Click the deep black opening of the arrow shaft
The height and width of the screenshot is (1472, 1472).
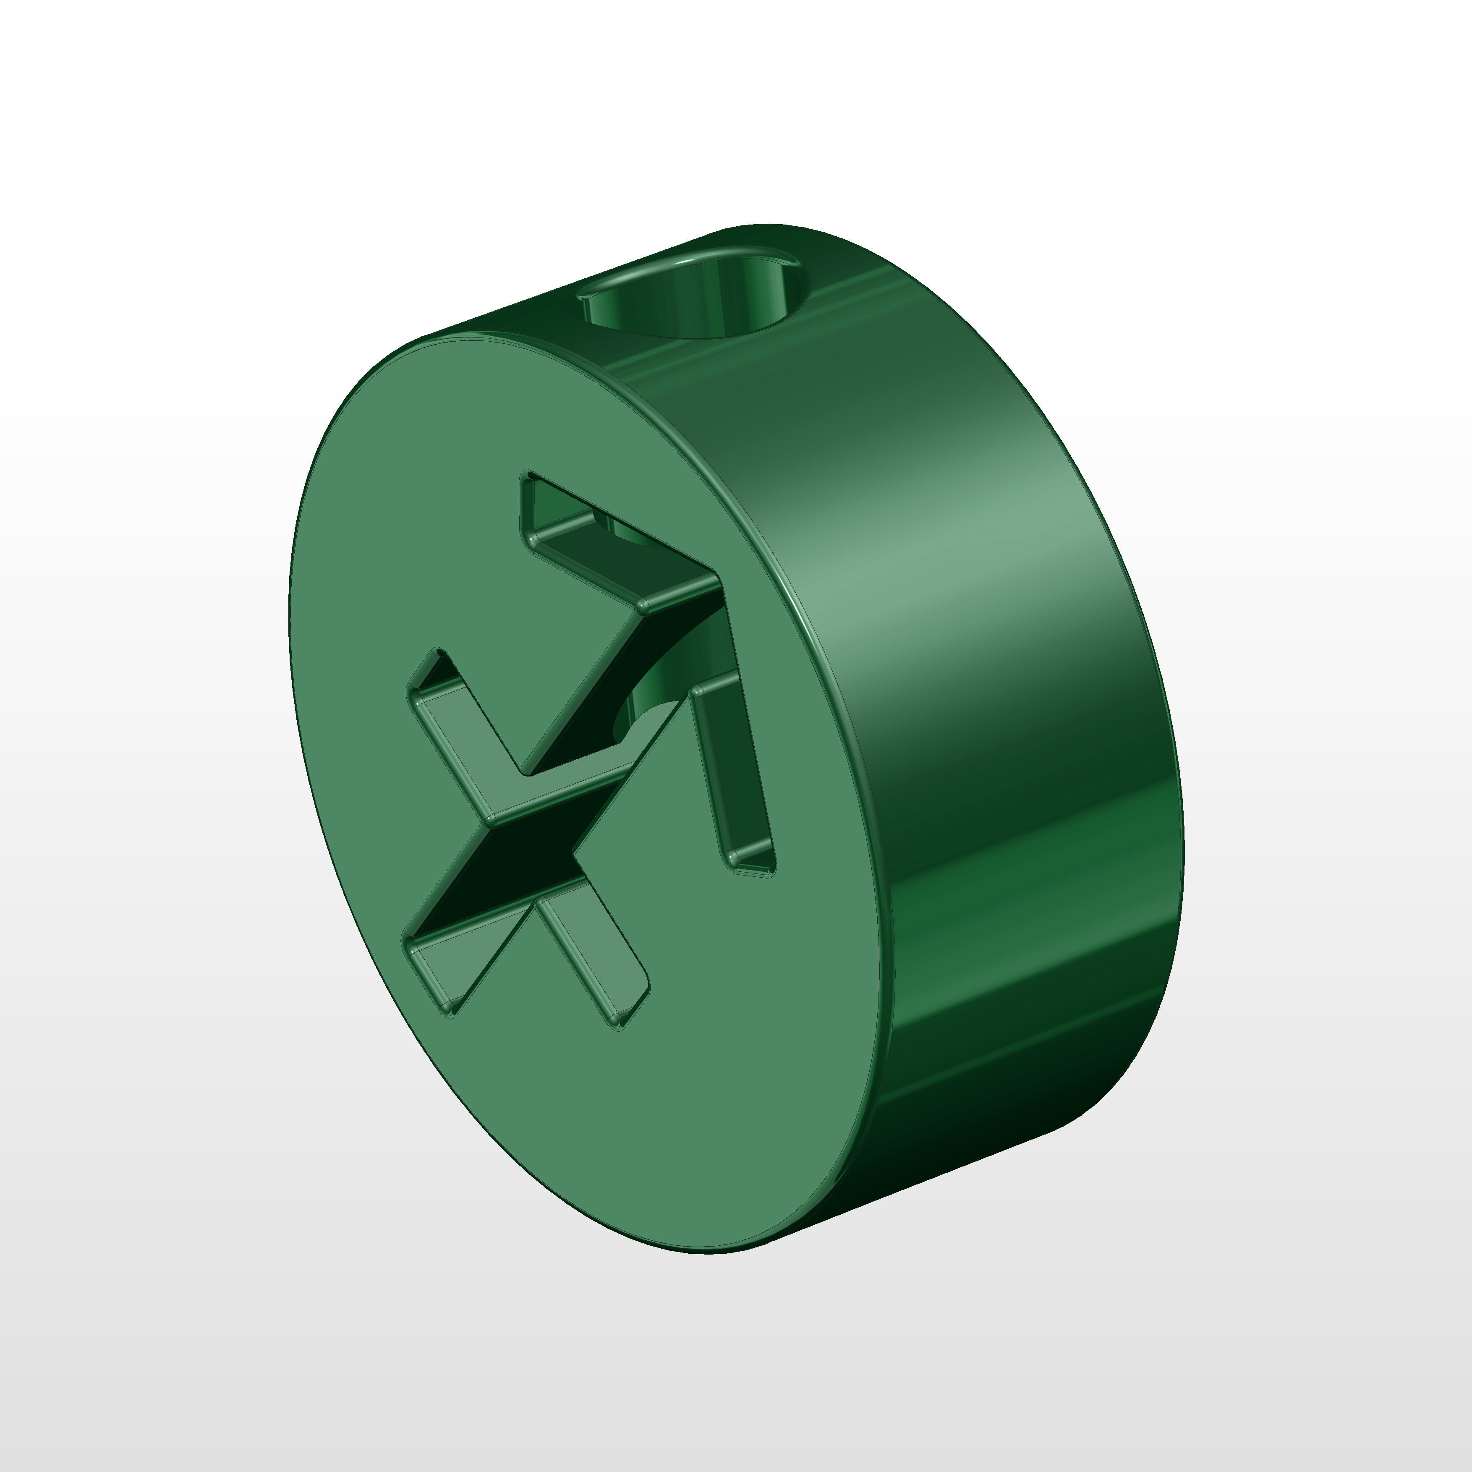pyautogui.click(x=518, y=861)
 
